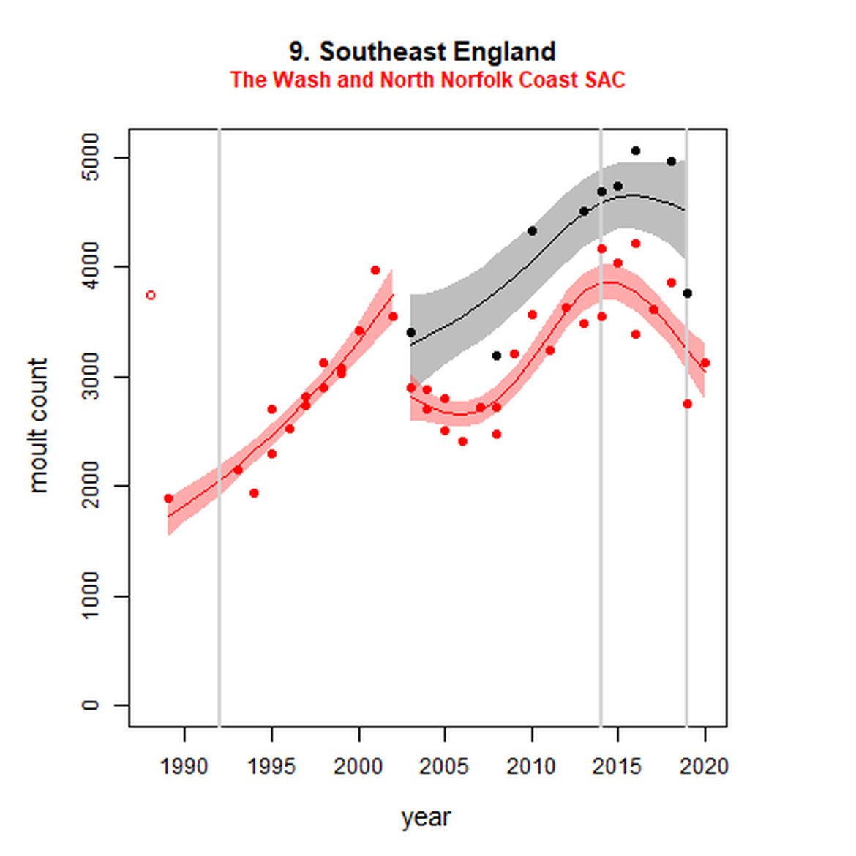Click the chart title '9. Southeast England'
[x=422, y=52]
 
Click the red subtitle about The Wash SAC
[x=427, y=80]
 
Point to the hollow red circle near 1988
[x=151, y=296]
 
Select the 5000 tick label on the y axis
[x=90, y=158]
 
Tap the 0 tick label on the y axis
[x=90, y=705]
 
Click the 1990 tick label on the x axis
[x=184, y=766]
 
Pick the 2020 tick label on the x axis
[x=705, y=766]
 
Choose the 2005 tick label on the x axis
[x=444, y=766]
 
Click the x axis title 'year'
[x=426, y=817]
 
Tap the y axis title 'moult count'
[x=37, y=425]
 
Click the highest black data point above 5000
[x=635, y=151]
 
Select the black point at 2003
[x=410, y=332]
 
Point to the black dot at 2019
[x=687, y=293]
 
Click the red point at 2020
[x=705, y=363]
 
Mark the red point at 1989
[x=168, y=498]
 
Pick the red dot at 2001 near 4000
[x=375, y=270]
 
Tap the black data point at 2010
[x=532, y=231]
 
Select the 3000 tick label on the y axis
[x=90, y=377]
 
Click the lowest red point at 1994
[x=254, y=493]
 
